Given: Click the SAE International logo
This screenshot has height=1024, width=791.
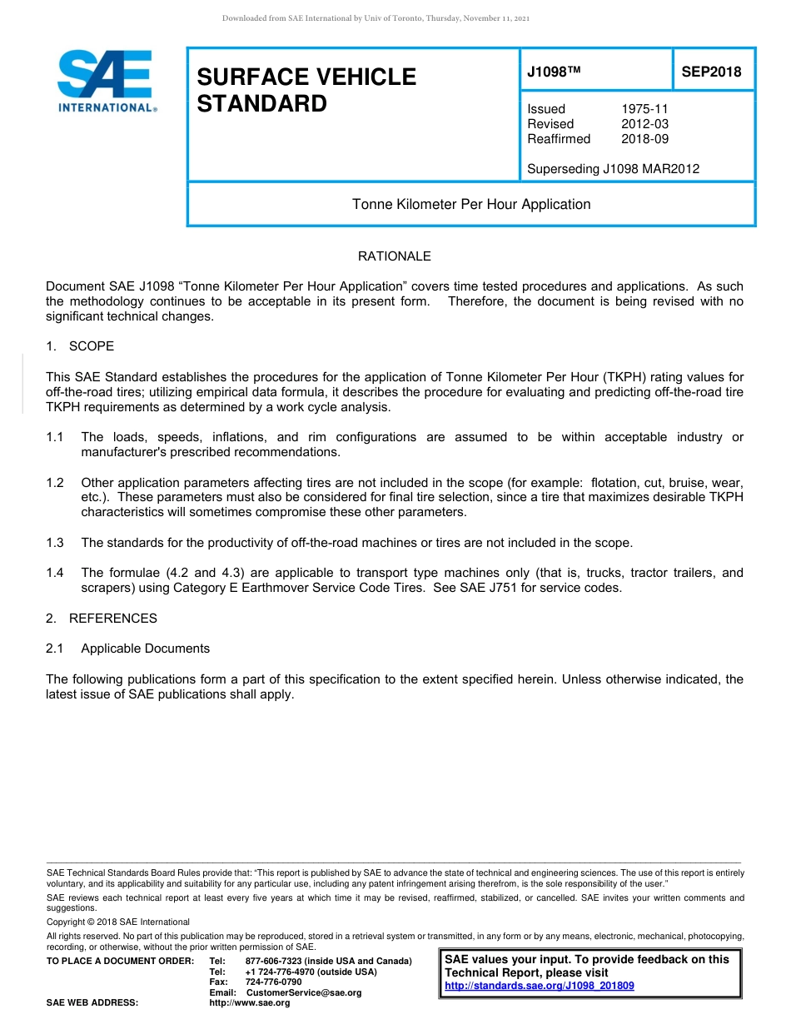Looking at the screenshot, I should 106,81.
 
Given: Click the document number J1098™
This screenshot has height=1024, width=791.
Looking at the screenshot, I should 553,72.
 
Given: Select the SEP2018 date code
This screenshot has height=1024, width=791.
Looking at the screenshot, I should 711,72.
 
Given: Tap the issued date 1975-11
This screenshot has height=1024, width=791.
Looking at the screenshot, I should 644,109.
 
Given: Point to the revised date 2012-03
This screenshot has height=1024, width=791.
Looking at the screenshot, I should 644,124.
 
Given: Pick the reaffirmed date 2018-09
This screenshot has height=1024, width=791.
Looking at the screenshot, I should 644,139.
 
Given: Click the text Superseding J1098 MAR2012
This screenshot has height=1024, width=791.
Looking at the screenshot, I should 613,169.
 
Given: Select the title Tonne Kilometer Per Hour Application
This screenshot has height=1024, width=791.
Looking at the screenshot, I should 471,204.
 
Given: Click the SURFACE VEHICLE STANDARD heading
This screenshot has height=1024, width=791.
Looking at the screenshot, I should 306,90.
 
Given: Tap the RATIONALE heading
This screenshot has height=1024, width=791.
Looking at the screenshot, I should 394,256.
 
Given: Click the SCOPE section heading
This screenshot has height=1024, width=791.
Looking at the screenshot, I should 91,345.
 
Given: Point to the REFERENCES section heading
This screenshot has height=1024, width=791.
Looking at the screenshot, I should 112,619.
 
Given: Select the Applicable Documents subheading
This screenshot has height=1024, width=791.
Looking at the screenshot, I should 145,649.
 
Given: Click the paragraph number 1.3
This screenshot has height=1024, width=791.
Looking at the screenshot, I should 55,543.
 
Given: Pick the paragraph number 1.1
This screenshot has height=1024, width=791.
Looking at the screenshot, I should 55,437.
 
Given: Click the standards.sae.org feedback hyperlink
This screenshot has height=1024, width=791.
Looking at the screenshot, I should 539,986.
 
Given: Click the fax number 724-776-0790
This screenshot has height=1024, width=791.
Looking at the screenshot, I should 273,982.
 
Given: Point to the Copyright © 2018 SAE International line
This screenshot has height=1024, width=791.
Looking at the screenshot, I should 118,922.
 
